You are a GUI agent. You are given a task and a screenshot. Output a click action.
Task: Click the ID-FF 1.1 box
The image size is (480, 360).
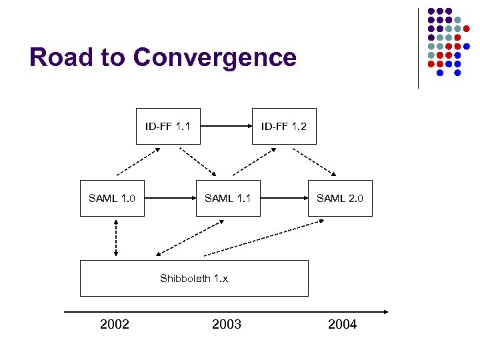click(x=167, y=126)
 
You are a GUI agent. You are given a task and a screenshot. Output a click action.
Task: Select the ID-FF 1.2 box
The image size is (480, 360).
click(x=283, y=126)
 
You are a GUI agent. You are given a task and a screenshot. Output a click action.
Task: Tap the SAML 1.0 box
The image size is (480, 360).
click(x=112, y=198)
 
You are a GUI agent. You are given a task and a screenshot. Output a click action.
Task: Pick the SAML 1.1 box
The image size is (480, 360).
click(x=227, y=198)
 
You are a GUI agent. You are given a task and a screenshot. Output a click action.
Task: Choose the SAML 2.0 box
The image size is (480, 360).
click(x=339, y=198)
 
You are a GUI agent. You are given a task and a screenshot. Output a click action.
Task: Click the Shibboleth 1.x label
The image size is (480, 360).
click(x=194, y=278)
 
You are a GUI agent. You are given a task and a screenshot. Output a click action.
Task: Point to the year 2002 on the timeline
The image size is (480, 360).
click(x=115, y=325)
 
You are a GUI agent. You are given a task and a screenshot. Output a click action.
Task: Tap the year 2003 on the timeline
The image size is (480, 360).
click(x=227, y=325)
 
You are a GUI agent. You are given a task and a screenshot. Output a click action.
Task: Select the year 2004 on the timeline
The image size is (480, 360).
click(x=342, y=325)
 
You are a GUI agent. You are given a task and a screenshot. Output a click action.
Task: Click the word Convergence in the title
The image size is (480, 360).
click(x=215, y=57)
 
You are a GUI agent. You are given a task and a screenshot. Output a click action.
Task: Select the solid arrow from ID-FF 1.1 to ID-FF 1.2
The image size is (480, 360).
click(x=226, y=125)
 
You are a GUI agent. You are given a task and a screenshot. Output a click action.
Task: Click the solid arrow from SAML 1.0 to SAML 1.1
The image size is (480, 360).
click(x=169, y=198)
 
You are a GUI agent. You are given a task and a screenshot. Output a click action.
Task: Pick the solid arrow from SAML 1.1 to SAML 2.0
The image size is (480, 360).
click(x=283, y=198)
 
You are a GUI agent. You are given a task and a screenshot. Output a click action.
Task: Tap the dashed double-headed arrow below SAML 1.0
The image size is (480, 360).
click(x=116, y=237)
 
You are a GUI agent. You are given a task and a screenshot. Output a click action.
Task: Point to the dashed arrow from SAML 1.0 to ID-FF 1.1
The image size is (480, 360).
click(x=138, y=161)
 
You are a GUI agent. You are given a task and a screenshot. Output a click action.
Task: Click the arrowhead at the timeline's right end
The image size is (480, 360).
click(x=385, y=311)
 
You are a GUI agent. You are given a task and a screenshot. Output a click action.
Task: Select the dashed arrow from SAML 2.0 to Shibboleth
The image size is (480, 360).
click(x=257, y=239)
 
